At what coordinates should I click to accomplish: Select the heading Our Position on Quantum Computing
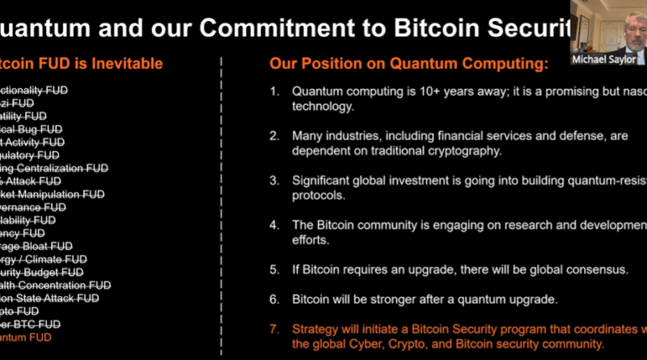pyautogui.click(x=408, y=62)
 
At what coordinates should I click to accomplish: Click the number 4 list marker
pyautogui.click(x=274, y=224)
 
